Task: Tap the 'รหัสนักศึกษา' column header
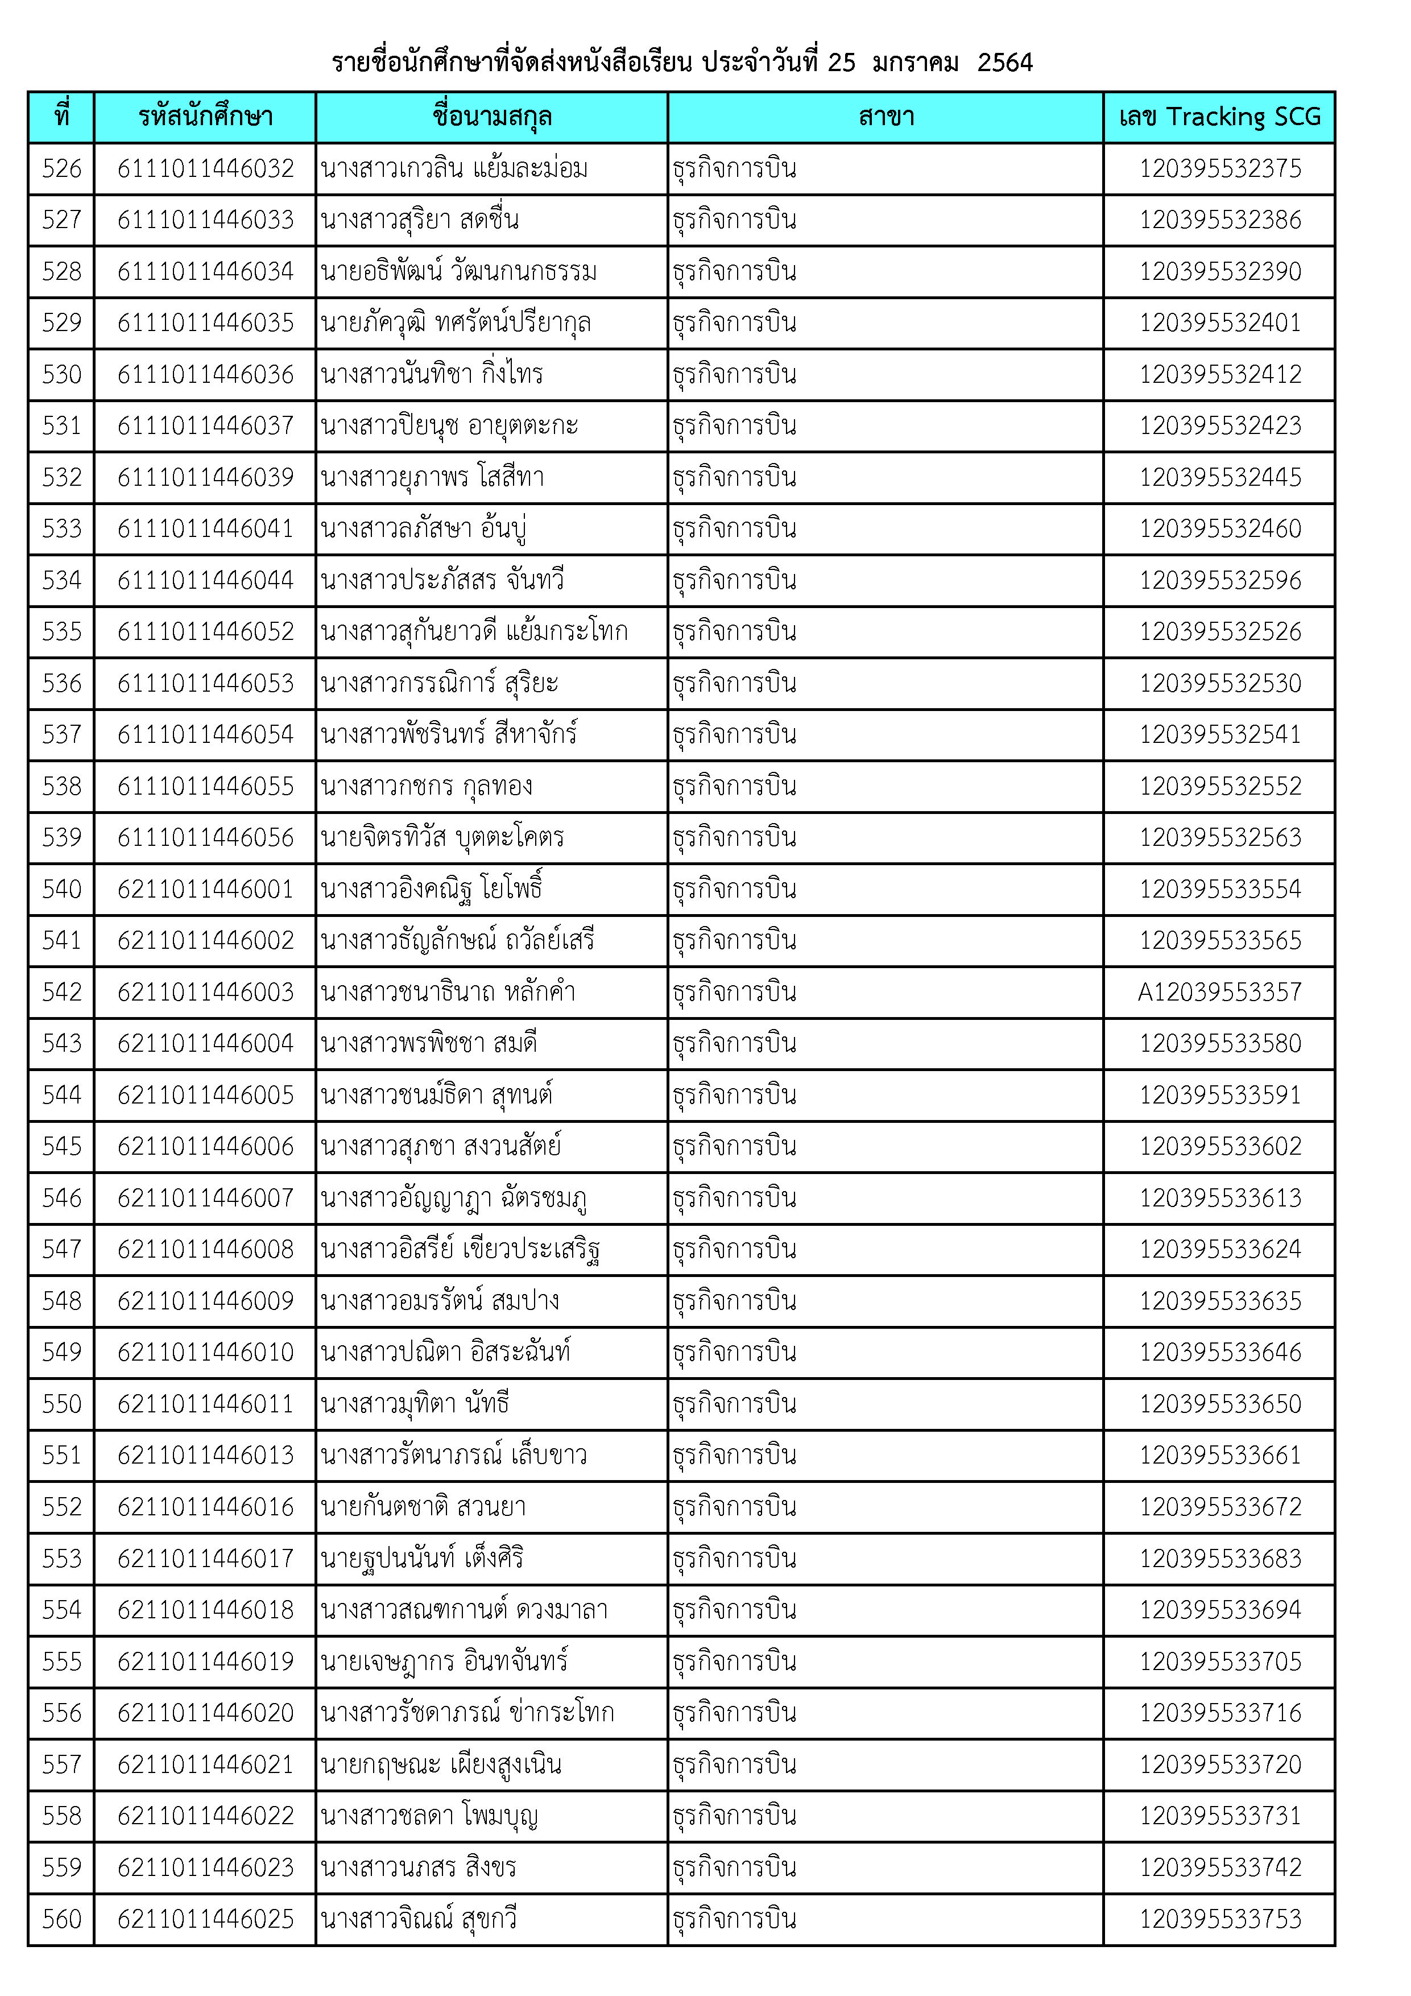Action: coord(205,117)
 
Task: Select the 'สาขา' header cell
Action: coord(886,117)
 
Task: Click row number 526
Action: coord(62,168)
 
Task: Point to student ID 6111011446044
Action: coord(206,580)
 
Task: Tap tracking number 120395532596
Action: coord(1220,580)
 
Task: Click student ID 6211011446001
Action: coord(206,889)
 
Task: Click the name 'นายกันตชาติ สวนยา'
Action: coord(423,1507)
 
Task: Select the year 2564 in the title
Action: coord(1004,63)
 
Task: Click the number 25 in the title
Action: coord(841,63)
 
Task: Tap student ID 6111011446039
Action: coord(206,477)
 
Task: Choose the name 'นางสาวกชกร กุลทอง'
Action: coord(426,786)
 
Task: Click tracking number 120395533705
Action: coord(1220,1662)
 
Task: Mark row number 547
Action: coord(62,1249)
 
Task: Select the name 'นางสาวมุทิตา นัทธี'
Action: coord(415,1404)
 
